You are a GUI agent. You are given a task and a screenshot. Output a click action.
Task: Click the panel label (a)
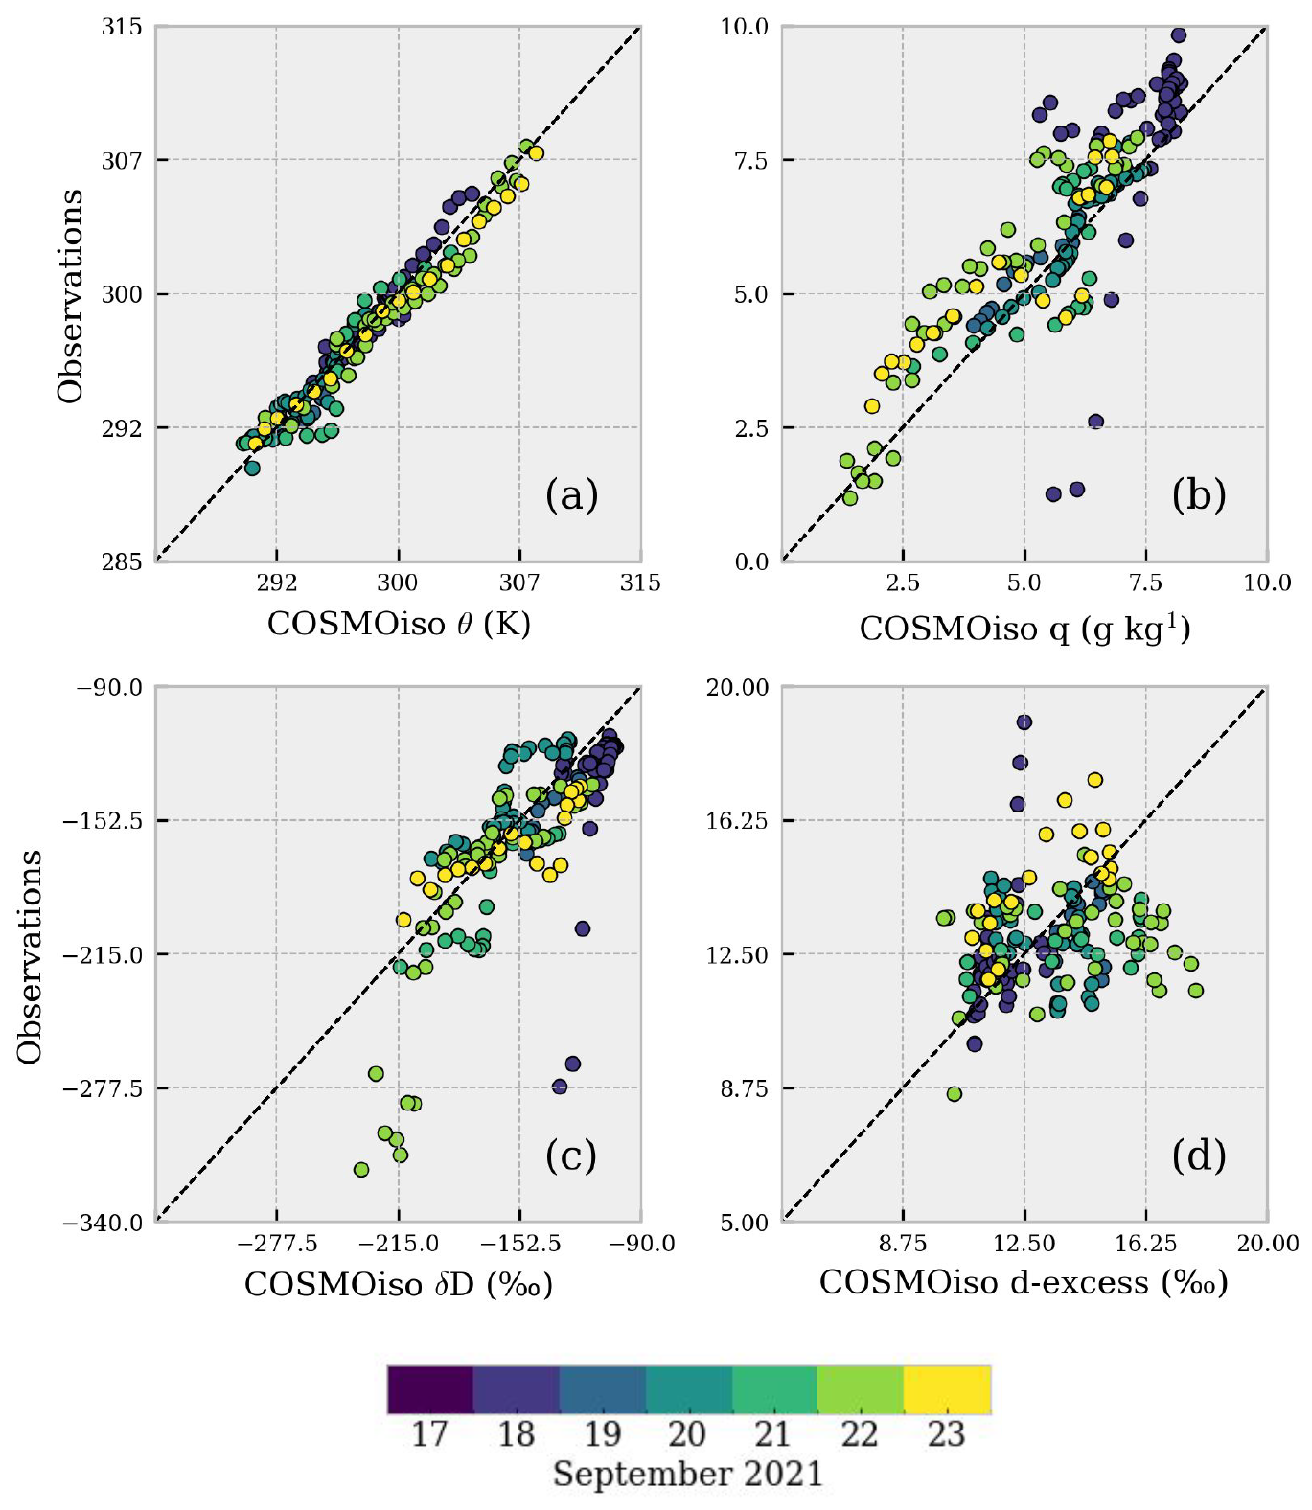(x=571, y=495)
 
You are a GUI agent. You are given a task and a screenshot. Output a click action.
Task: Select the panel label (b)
(x=1198, y=495)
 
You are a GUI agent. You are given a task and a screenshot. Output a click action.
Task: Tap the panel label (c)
(x=571, y=1155)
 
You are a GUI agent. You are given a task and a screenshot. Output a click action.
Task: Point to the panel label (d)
(x=1198, y=1156)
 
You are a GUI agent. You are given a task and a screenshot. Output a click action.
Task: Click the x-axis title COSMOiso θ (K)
(x=399, y=624)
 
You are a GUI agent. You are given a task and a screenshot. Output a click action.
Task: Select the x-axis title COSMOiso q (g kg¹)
(x=1024, y=628)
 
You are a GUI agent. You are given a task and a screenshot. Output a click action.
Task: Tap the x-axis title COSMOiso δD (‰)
(x=399, y=1284)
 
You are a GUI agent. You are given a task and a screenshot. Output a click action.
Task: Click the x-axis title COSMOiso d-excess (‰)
(x=1024, y=1282)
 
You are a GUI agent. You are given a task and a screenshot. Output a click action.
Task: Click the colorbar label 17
(x=429, y=1434)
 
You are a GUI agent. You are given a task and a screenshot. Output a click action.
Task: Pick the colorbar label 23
(x=946, y=1434)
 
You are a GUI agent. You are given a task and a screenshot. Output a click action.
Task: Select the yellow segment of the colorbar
(x=947, y=1390)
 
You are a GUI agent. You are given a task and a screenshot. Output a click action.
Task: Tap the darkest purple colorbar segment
(x=430, y=1390)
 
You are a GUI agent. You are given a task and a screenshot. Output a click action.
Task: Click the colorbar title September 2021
(x=688, y=1474)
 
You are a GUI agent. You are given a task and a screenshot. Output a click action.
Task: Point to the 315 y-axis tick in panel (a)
(x=122, y=27)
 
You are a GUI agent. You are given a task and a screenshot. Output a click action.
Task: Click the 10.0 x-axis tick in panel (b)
(x=1267, y=583)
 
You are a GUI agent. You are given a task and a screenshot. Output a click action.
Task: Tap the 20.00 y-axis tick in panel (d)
(x=738, y=687)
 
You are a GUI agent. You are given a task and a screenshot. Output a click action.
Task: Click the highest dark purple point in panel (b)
(x=1179, y=35)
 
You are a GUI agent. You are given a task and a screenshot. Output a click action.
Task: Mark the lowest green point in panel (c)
(x=361, y=1169)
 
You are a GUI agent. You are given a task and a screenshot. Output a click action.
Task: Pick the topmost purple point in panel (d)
(x=1024, y=722)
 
